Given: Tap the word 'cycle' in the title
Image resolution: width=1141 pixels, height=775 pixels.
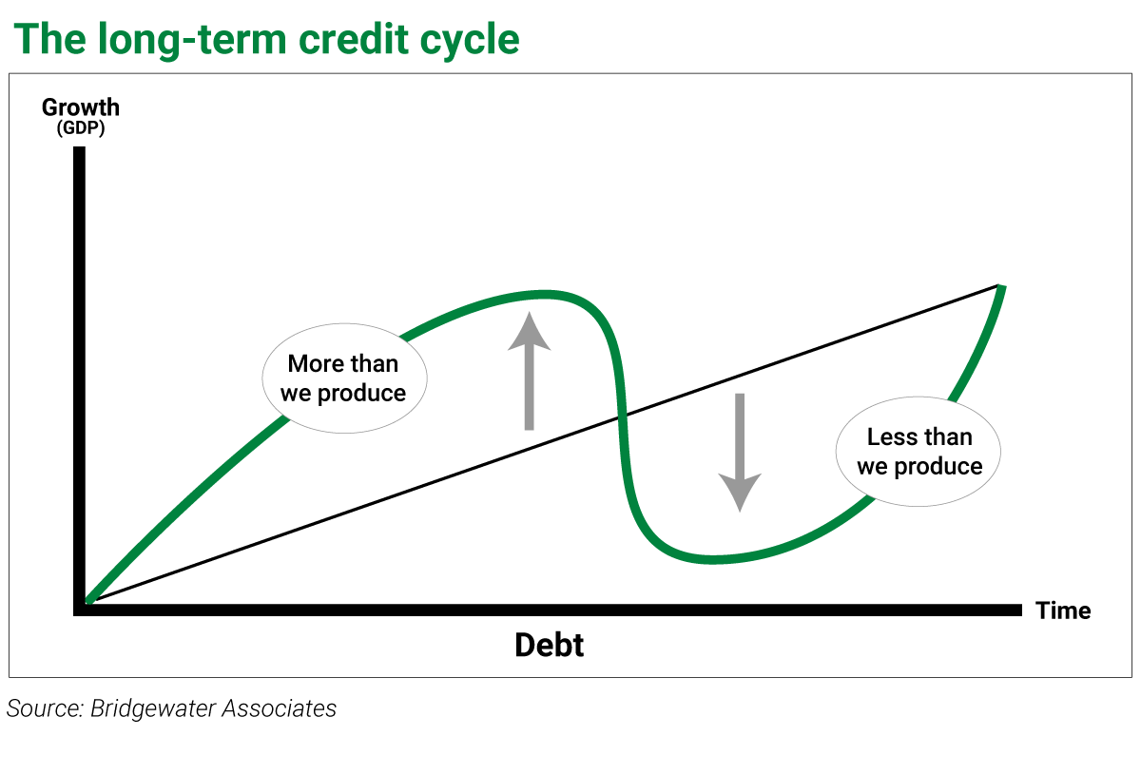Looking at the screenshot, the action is pyautogui.click(x=469, y=42).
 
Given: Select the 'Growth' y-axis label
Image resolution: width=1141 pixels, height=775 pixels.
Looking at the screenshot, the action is pyautogui.click(x=81, y=107).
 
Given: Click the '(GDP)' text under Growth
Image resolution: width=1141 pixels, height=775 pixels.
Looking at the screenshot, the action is pyautogui.click(x=81, y=127).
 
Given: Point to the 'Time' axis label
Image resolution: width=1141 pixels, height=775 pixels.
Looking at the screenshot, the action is pyautogui.click(x=1063, y=610).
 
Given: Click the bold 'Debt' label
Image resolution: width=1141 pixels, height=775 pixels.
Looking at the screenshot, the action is pyautogui.click(x=550, y=645).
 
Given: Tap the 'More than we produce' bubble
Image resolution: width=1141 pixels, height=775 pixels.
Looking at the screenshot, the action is pyautogui.click(x=344, y=378).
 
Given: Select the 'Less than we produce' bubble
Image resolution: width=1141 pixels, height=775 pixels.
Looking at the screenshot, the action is pyautogui.click(x=918, y=452).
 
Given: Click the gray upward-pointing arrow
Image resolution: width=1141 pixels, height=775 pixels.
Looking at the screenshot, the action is pyautogui.click(x=530, y=371).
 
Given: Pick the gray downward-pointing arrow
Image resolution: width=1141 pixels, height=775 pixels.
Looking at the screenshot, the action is pyautogui.click(x=740, y=453).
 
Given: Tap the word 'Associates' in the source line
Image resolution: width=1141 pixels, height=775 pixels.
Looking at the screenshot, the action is pyautogui.click(x=280, y=708).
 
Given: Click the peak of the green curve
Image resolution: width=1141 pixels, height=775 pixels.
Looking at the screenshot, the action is pyautogui.click(x=544, y=295).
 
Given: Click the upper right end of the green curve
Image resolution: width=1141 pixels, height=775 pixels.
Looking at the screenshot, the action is pyautogui.click(x=1001, y=287).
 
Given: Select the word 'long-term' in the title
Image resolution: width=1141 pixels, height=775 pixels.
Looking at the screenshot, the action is pyautogui.click(x=192, y=39).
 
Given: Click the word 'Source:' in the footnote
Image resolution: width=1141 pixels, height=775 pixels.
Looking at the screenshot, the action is pyautogui.click(x=45, y=708).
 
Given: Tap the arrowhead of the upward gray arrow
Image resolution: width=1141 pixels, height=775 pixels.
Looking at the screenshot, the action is pyautogui.click(x=530, y=331).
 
